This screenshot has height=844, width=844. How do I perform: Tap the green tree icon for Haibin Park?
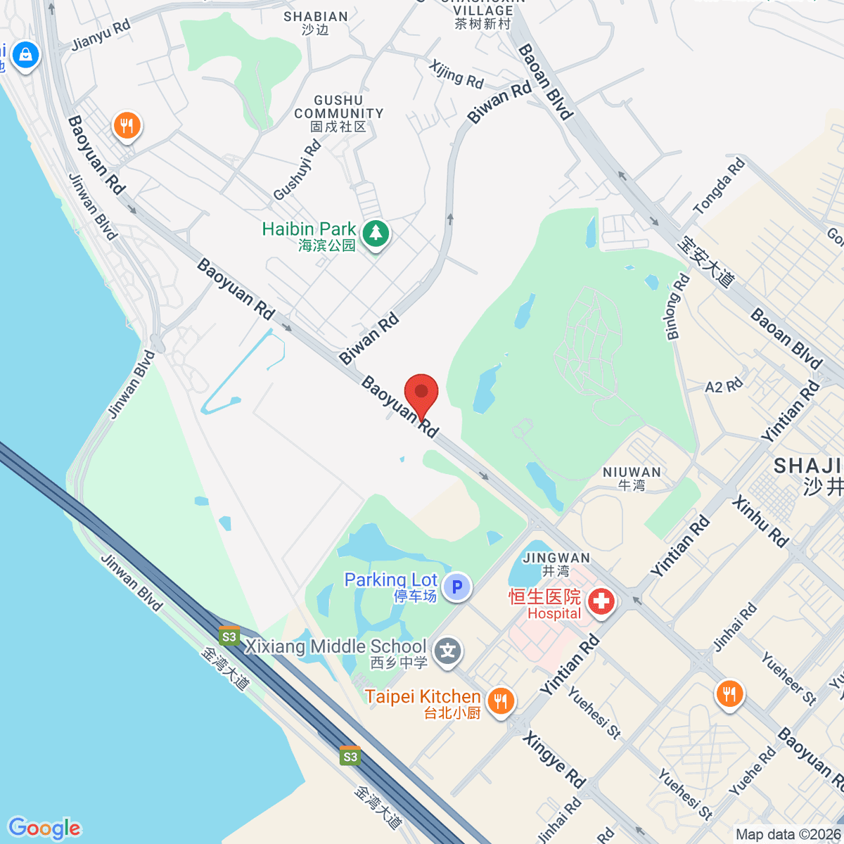[376, 233]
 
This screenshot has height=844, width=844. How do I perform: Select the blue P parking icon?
[457, 586]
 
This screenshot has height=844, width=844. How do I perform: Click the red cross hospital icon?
[601, 601]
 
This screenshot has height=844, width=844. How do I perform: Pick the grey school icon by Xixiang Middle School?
[447, 651]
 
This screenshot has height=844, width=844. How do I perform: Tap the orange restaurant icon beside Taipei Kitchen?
[500, 701]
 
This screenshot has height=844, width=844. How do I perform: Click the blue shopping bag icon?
[26, 54]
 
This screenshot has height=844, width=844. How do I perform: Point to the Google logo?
[44, 828]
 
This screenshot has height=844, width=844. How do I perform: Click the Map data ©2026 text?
[788, 834]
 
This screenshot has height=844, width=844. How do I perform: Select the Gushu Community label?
[339, 113]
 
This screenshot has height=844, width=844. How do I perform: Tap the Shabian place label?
[316, 23]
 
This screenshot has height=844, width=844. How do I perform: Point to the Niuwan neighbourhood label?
[632, 478]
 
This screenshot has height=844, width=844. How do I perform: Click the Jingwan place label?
[556, 564]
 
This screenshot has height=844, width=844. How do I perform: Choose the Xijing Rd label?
[456, 74]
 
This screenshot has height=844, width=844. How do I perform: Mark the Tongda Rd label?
[719, 186]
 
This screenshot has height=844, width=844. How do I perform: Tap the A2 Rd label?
[724, 386]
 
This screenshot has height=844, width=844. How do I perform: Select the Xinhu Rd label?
[760, 521]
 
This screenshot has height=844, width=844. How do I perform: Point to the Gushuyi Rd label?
[298, 170]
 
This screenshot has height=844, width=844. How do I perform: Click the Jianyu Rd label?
[101, 35]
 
